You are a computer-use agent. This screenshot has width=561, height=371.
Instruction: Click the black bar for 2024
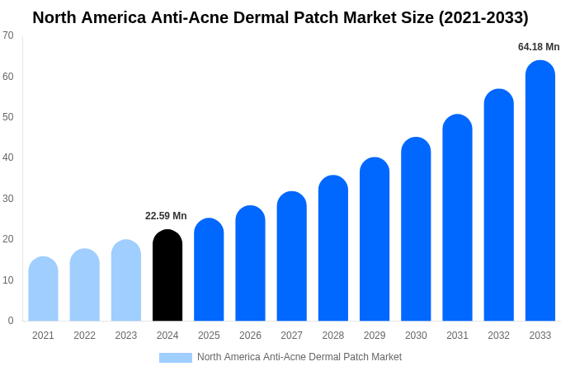click(x=167, y=275)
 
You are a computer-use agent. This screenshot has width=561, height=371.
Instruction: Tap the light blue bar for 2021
click(x=43, y=289)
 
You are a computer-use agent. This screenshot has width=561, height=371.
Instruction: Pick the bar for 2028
click(x=332, y=248)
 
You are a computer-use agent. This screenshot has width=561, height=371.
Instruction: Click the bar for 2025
click(x=209, y=270)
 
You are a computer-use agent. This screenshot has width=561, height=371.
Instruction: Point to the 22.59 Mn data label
click(x=166, y=216)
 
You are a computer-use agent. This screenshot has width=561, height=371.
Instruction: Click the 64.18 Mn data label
click(x=539, y=47)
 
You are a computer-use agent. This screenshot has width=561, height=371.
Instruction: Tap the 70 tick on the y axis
click(x=8, y=35)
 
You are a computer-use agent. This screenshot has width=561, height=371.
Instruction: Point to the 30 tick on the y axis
click(x=8, y=199)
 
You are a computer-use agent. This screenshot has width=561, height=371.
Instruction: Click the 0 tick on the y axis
click(x=11, y=321)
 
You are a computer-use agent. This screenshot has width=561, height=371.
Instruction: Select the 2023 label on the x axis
click(x=126, y=336)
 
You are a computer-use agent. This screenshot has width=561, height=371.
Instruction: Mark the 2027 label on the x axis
click(x=291, y=336)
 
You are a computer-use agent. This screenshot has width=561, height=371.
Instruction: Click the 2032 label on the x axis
click(x=498, y=336)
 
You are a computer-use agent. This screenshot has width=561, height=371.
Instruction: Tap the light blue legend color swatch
click(x=175, y=358)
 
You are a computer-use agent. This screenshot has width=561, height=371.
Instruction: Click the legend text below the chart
click(x=299, y=357)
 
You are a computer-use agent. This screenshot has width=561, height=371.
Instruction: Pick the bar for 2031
click(x=457, y=218)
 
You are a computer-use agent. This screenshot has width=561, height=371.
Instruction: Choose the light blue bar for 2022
click(x=84, y=285)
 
